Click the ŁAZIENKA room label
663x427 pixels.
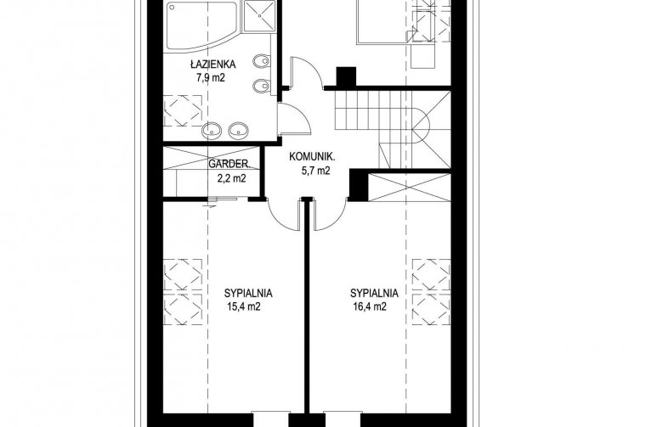tap(212, 65)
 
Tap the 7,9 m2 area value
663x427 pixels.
tap(210, 78)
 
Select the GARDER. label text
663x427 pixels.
tap(229, 164)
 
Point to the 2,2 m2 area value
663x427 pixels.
tap(232, 178)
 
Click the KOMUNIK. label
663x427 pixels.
tap(312, 157)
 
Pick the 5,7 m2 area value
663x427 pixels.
tap(315, 171)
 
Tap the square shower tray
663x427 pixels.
tap(258, 16)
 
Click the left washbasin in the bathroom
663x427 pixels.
tap(212, 131)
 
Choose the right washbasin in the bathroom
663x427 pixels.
tap(238, 131)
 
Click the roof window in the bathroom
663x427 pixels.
tap(183, 110)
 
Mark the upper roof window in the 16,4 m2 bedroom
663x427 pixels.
tap(431, 274)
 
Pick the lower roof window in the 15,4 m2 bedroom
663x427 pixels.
tap(183, 310)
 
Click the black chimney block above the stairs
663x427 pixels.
tap(346, 77)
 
